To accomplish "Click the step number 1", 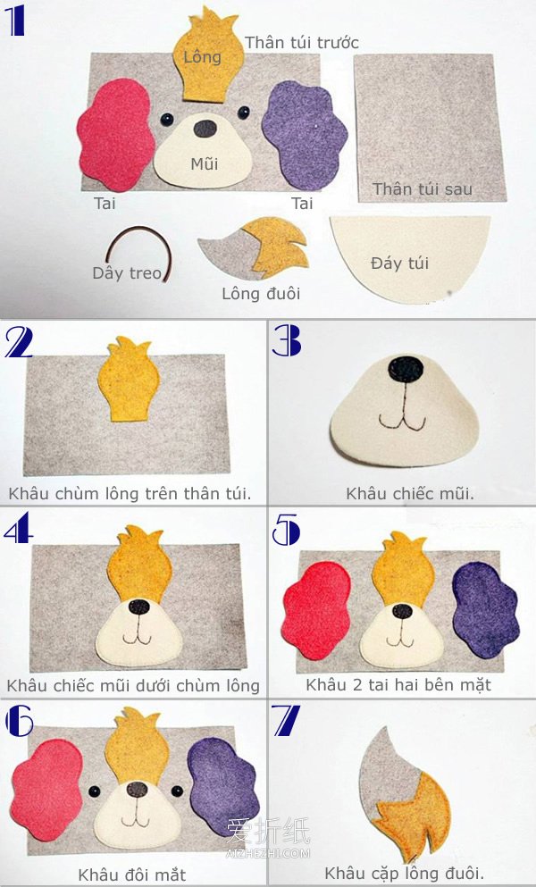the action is [x=14, y=21].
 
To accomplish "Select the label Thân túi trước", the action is [x=302, y=42].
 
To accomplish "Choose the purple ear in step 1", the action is [x=304, y=134].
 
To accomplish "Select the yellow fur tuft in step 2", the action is [x=129, y=380].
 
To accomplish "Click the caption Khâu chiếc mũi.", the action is [x=410, y=493].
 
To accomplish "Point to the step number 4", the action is [x=18, y=531].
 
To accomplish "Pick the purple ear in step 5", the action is [x=485, y=610].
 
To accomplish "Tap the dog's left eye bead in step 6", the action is [x=94, y=791].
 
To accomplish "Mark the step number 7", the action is [x=287, y=721].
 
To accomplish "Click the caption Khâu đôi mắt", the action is [x=131, y=874].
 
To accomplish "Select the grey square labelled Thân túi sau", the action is [x=430, y=128].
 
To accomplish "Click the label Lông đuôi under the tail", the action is [x=261, y=294].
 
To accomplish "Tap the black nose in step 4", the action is [x=138, y=607].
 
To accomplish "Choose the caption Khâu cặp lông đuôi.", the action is [x=404, y=872].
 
